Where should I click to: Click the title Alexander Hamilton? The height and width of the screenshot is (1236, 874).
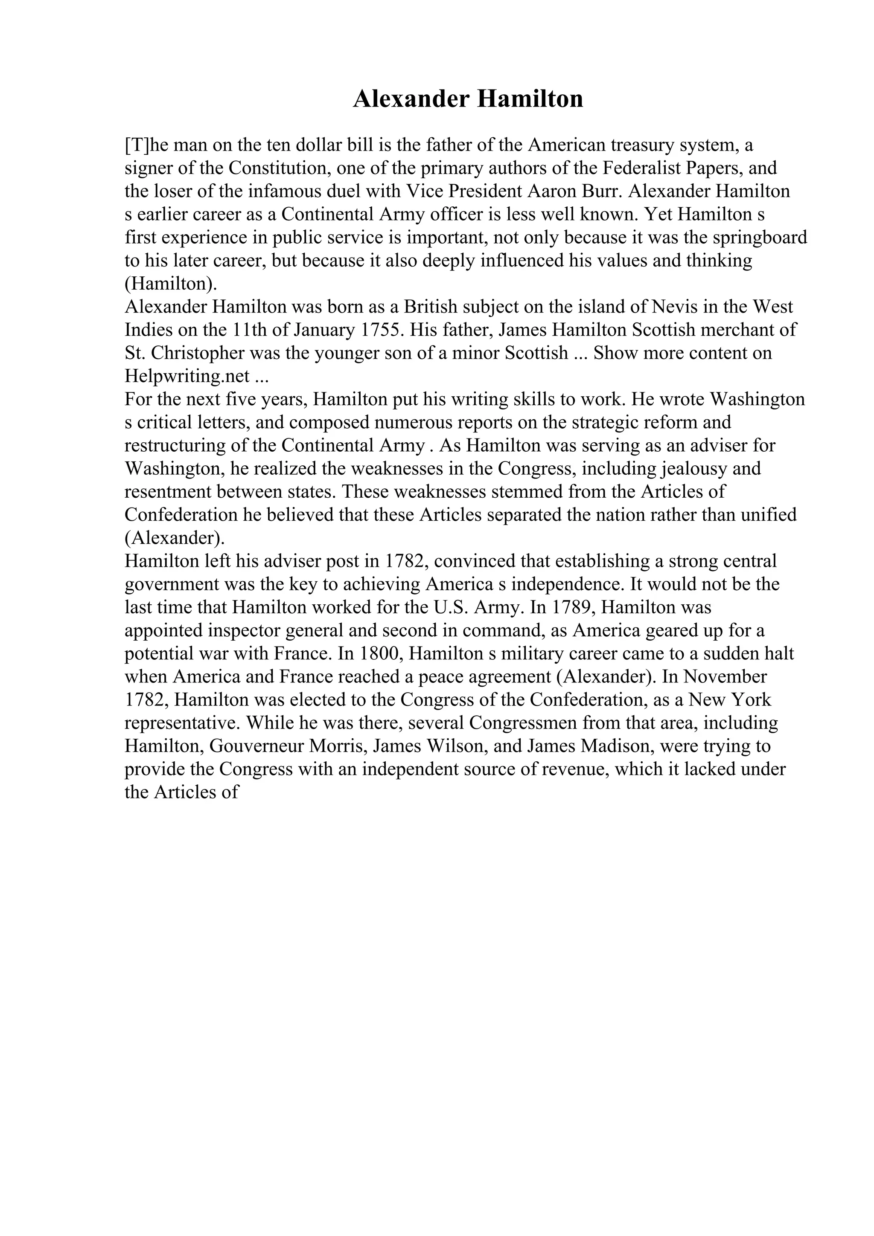pyautogui.click(x=467, y=100)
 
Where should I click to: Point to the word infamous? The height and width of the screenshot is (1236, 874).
pyautogui.click(x=262, y=191)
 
